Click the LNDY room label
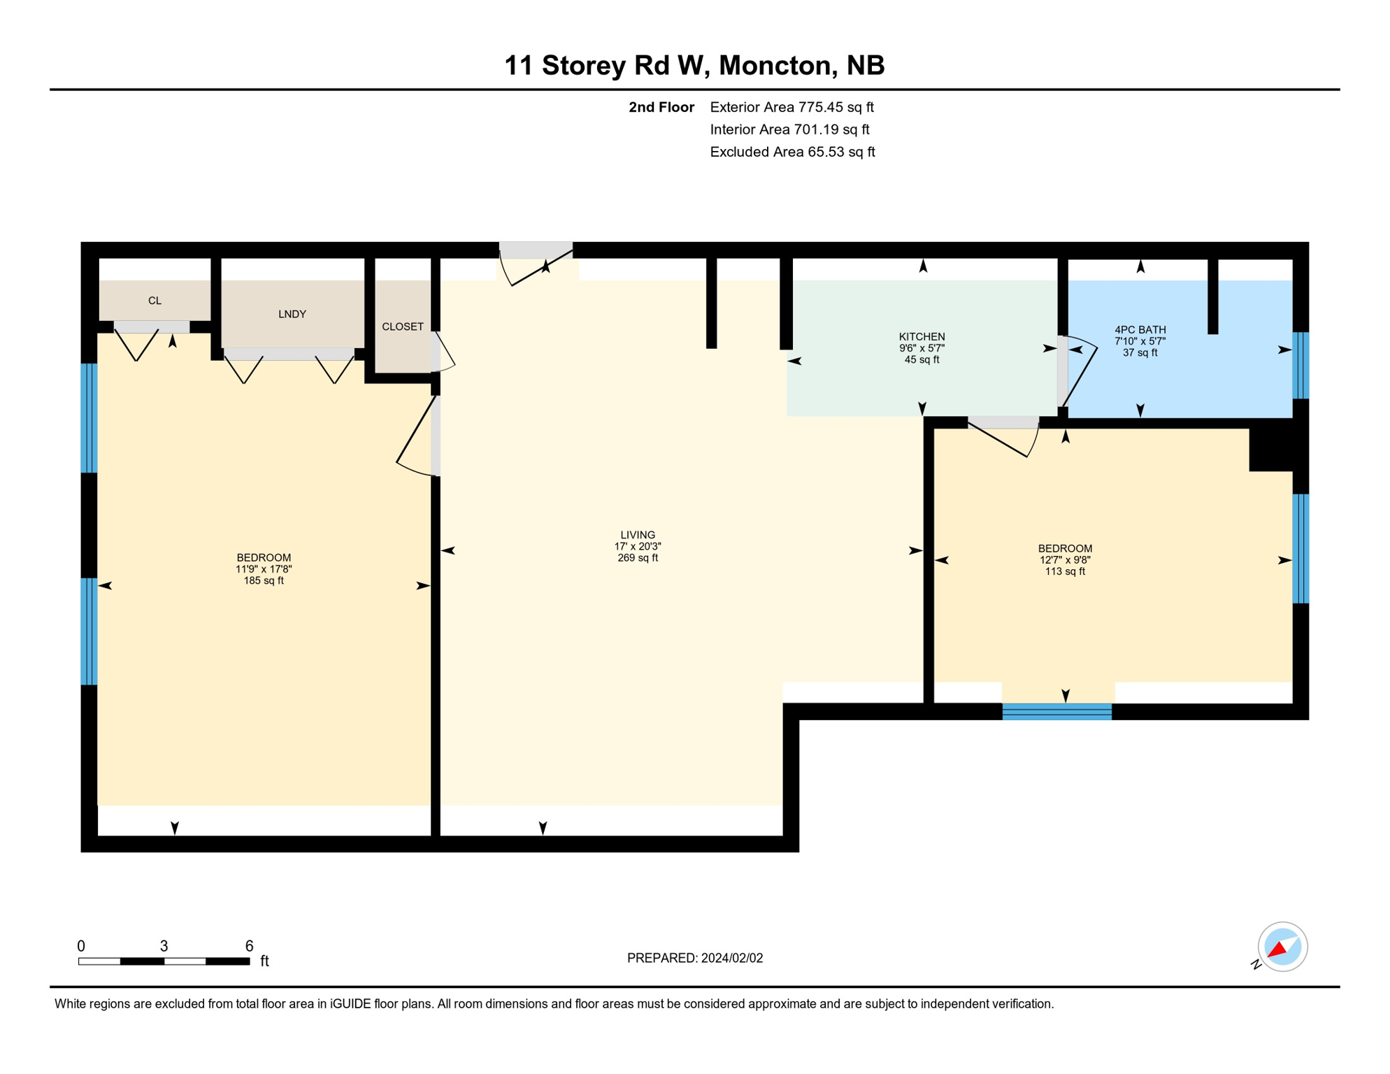(292, 315)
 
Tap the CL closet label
(155, 301)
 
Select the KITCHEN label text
(922, 337)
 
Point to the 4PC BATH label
(1140, 330)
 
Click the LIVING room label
(638, 535)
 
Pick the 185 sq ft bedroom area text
(264, 580)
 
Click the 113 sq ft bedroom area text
(1065, 571)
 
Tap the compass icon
(1282, 947)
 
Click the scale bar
(164, 961)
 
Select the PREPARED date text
(695, 958)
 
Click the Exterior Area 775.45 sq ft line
(791, 107)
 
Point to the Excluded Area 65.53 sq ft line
(792, 152)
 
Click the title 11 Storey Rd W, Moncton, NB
(694, 65)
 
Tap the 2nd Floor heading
(661, 107)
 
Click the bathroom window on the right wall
(1300, 365)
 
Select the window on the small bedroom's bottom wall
(1056, 712)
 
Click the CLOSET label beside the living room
(403, 327)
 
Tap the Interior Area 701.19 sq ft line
(789, 129)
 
